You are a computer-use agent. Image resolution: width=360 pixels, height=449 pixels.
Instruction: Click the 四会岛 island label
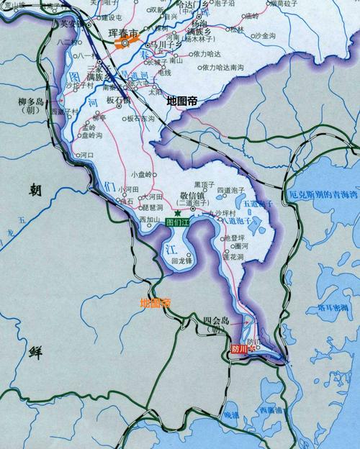(x=216, y=322)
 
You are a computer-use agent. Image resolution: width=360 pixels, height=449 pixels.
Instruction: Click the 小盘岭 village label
(x=143, y=173)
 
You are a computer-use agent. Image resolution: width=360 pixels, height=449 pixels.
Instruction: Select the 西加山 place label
(x=150, y=219)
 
